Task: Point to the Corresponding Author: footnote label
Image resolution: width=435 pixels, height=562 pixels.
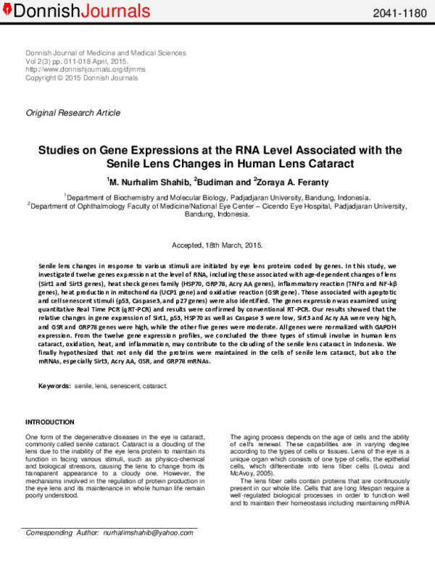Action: click(x=62, y=553)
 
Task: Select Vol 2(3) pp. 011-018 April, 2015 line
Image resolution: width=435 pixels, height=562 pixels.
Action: click(x=77, y=62)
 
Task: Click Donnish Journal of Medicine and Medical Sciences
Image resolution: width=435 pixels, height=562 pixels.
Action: click(x=106, y=54)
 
